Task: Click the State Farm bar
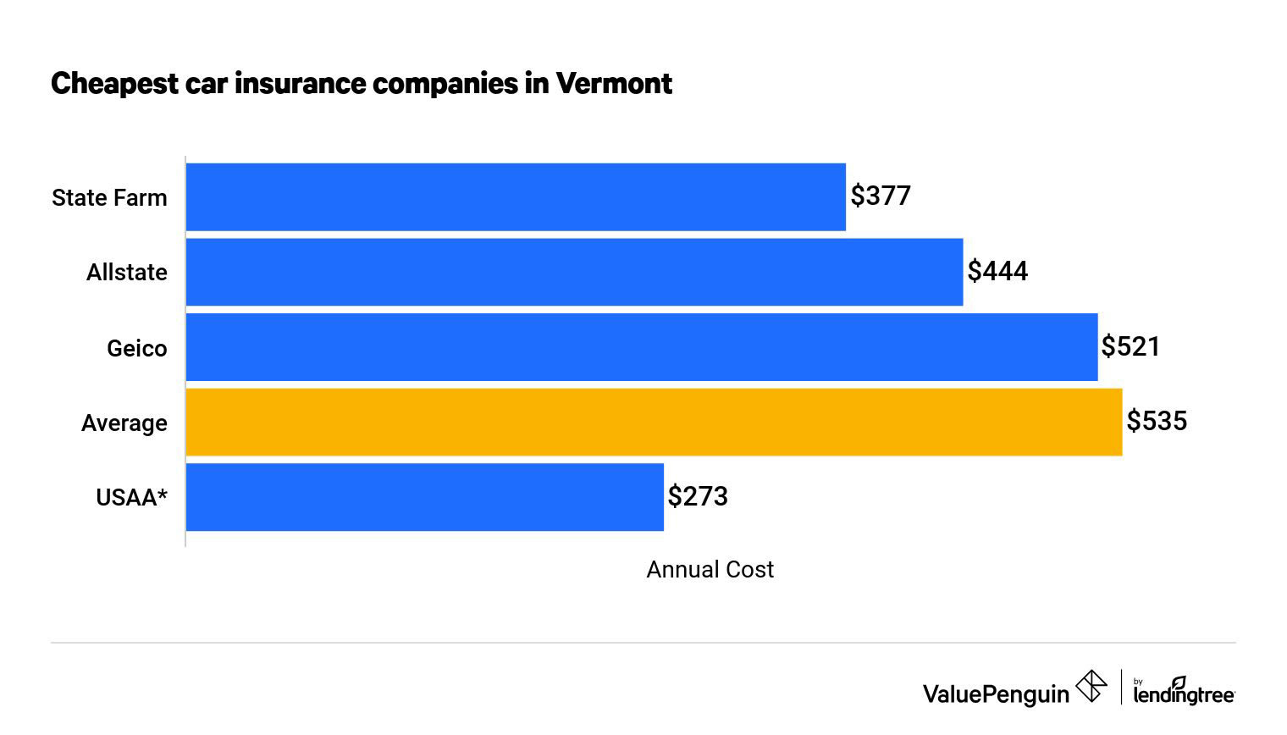(x=515, y=196)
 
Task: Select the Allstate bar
(x=574, y=272)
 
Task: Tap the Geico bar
(x=641, y=347)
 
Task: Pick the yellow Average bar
(x=654, y=422)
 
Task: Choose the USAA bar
(x=424, y=497)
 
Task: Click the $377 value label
(x=881, y=196)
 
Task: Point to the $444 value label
(x=997, y=272)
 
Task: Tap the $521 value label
(x=1130, y=346)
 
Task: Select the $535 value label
(x=1157, y=421)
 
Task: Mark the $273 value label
(x=698, y=496)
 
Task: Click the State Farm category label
(x=109, y=198)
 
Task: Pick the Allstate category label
(x=127, y=273)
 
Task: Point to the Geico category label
(x=137, y=348)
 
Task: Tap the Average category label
(x=124, y=423)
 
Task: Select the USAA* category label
(x=131, y=498)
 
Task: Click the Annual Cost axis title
(x=710, y=570)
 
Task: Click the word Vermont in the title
(x=614, y=84)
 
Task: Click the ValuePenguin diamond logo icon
(x=1091, y=686)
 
